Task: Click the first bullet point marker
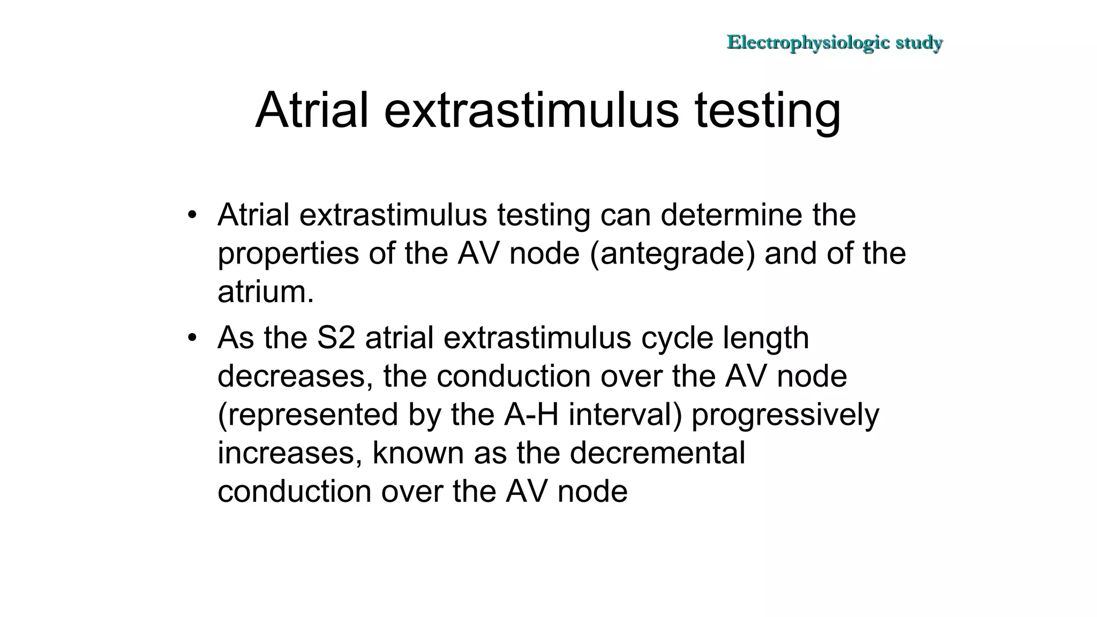click(x=192, y=216)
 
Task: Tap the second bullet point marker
click(x=192, y=338)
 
